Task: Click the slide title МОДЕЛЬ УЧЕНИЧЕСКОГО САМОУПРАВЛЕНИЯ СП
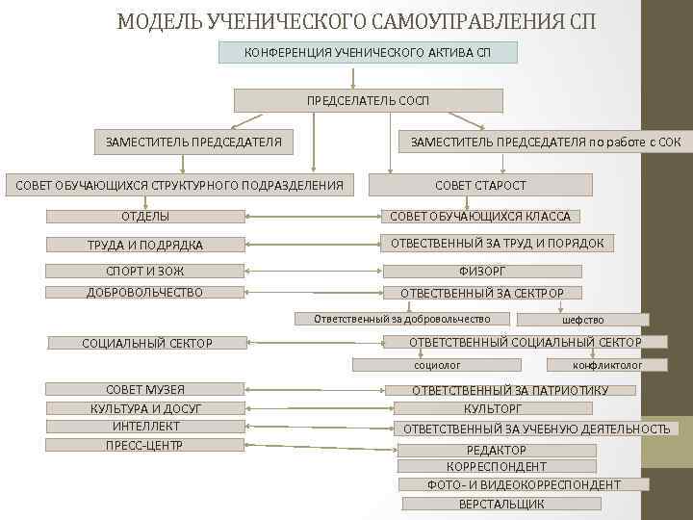tap(355, 20)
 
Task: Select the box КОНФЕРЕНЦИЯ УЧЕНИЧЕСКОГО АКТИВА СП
tap(368, 51)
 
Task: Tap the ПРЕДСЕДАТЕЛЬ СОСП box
tap(369, 100)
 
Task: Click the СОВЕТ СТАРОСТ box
tap(480, 185)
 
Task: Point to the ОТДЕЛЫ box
tap(145, 217)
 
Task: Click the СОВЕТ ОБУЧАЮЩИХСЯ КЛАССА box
tap(480, 217)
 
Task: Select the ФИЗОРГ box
tap(481, 272)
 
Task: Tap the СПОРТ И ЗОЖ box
tap(145, 272)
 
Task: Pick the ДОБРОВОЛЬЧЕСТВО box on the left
tap(145, 292)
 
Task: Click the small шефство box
tap(583, 320)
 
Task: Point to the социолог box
tap(437, 365)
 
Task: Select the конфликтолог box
tap(607, 365)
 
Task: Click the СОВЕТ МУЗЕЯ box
tap(145, 389)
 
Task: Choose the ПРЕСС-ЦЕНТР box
tap(145, 445)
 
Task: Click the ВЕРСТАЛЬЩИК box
tap(501, 504)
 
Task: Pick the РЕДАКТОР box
tap(497, 450)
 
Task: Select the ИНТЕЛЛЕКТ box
tap(145, 426)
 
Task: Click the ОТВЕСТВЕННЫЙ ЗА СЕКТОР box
tap(481, 293)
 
